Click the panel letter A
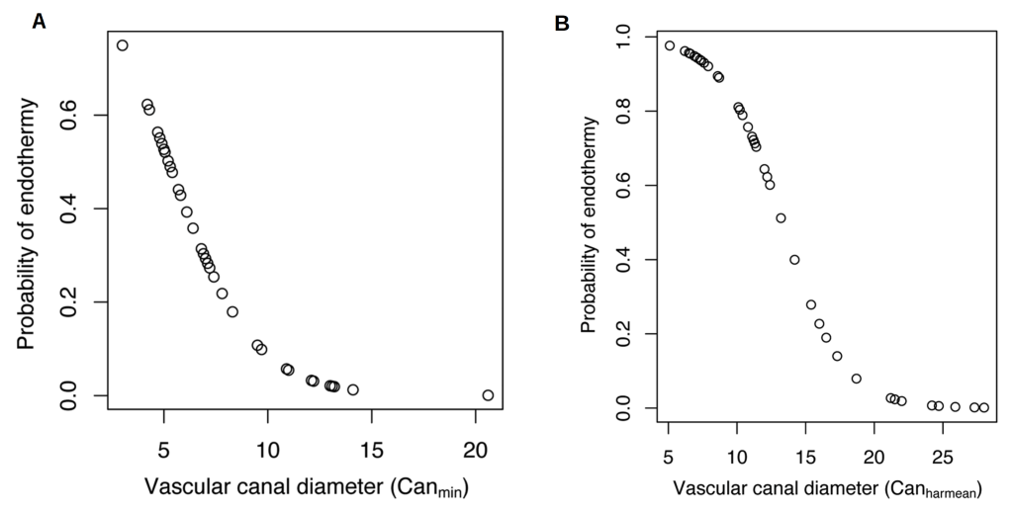[x=40, y=21]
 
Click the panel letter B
[x=562, y=21]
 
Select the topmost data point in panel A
[x=123, y=45]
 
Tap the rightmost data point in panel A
[x=488, y=395]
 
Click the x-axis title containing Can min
[x=306, y=486]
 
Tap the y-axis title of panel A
[x=27, y=222]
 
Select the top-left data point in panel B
[x=670, y=45]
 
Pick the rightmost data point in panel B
[x=983, y=407]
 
